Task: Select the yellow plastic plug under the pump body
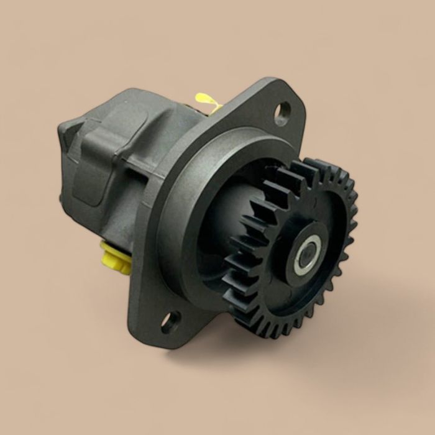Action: pos(116,258)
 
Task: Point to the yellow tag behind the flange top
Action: pos(207,101)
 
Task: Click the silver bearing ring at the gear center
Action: pos(307,255)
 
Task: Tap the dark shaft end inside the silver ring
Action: pos(307,255)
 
